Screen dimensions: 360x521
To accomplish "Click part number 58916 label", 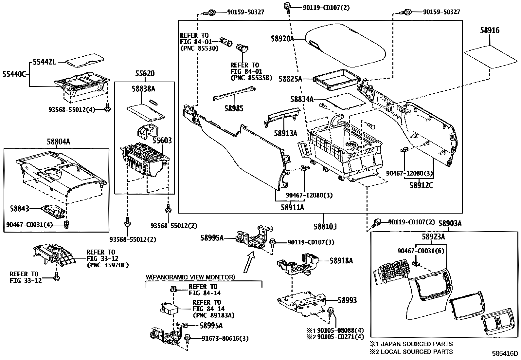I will pos(490,30).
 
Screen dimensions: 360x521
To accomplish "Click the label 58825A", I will pos(290,79).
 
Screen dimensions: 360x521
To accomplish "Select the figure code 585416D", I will pos(506,354).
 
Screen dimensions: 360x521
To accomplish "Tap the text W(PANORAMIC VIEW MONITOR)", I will pos(190,277).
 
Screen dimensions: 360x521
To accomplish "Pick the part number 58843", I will pos(19,208).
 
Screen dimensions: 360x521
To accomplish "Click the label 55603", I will pos(162,141).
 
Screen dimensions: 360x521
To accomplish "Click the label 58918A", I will pos(341,261).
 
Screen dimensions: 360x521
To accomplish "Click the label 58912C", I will pos(421,185).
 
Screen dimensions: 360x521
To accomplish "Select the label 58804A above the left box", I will pos(59,142).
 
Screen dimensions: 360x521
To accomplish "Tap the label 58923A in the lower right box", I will pos(433,237).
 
